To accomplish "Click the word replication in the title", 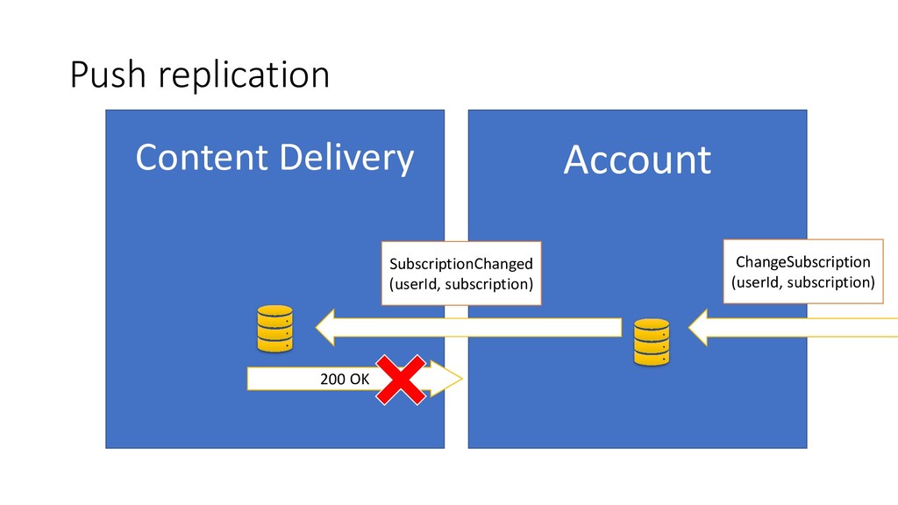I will click(x=244, y=77).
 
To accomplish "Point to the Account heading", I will click(x=637, y=160).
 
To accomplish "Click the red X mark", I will click(x=402, y=380).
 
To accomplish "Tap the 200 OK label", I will click(x=347, y=379).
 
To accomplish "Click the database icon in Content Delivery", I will click(x=274, y=329).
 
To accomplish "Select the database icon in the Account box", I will click(x=652, y=342).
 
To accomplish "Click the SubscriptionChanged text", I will click(x=461, y=263).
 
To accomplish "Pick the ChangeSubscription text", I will click(x=802, y=262).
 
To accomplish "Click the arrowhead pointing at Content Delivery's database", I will click(x=331, y=328).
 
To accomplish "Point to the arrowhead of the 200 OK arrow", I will click(x=446, y=379).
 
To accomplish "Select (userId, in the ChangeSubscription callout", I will click(x=757, y=282).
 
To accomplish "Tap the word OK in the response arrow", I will click(x=360, y=379).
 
